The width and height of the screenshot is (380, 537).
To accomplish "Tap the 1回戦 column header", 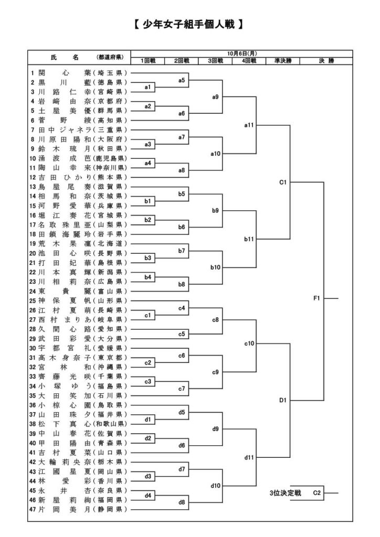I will (x=148, y=61).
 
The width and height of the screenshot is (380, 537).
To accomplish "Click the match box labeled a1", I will (x=148, y=87).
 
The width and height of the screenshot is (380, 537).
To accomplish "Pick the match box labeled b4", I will (x=148, y=276).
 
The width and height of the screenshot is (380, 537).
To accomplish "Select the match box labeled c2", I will (x=148, y=362).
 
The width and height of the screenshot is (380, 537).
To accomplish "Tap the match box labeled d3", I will (x=148, y=476).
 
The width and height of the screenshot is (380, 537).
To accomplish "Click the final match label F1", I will (x=317, y=298).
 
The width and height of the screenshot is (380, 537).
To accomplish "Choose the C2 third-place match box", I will (x=317, y=493).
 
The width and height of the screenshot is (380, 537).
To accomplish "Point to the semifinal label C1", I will (x=282, y=182).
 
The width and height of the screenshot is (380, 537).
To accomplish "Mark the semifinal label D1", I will (x=282, y=401).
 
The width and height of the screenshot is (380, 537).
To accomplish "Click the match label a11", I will (x=249, y=125).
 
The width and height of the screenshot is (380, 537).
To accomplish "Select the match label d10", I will (x=215, y=486).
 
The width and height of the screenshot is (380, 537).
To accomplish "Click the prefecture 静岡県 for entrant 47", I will (x=111, y=509).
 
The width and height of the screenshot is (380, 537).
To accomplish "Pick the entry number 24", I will (x=33, y=291).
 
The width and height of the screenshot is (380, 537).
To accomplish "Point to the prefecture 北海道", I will (x=111, y=244).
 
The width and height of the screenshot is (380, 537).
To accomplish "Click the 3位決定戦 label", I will (x=286, y=493).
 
